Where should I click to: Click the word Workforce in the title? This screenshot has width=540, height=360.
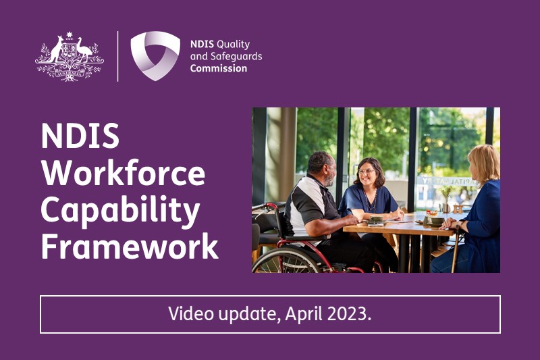(x=123, y=174)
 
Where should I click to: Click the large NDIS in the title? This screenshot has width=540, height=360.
(x=80, y=138)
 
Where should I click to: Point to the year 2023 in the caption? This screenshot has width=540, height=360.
(x=348, y=314)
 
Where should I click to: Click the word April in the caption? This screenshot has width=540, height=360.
(x=302, y=314)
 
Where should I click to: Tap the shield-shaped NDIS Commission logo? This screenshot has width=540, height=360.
(x=155, y=55)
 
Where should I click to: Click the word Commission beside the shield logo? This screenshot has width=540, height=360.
(x=219, y=68)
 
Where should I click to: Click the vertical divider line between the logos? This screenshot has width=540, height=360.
(x=117, y=56)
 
